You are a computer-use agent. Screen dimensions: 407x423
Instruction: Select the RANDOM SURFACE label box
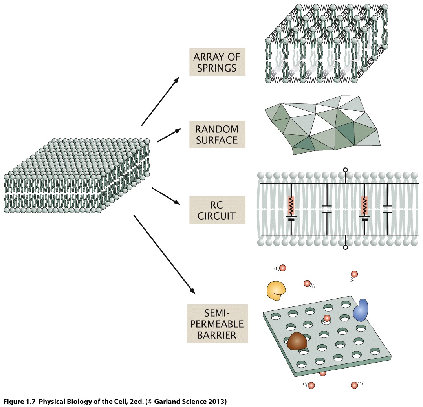(217, 134)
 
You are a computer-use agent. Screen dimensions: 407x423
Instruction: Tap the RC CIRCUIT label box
(217, 210)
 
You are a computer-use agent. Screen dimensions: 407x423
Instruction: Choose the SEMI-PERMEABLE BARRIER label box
(217, 324)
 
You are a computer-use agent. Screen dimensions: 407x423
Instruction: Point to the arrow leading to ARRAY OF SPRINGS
(160, 101)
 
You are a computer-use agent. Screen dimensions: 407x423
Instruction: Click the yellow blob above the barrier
(276, 290)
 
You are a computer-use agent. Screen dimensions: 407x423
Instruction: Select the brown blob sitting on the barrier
(297, 341)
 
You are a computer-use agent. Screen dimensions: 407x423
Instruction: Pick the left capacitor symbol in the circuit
(327, 209)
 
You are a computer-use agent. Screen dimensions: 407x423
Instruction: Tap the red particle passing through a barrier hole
(327, 318)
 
